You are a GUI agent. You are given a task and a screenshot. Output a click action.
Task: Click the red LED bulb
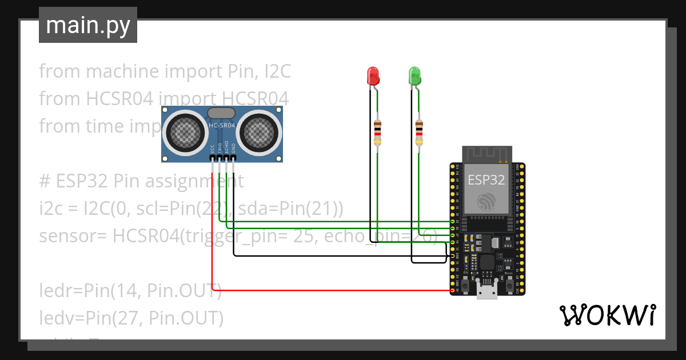(373, 75)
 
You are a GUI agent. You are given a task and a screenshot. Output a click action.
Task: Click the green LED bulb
(414, 75)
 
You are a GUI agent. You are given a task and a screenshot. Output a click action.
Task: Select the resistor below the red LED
(377, 133)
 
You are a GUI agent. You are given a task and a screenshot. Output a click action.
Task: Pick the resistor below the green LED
(419, 133)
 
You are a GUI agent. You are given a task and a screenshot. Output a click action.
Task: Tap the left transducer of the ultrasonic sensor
(184, 133)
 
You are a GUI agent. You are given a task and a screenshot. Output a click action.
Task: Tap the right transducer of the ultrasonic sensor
(258, 133)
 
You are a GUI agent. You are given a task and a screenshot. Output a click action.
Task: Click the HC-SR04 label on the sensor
(222, 126)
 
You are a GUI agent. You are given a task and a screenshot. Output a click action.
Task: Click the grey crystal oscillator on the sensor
(222, 114)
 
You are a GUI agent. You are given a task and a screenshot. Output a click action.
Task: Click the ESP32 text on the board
(486, 179)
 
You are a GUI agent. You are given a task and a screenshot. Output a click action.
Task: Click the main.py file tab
(88, 25)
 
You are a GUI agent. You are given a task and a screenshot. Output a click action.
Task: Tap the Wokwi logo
(607, 315)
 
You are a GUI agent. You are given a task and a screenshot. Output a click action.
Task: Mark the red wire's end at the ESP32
(452, 291)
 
